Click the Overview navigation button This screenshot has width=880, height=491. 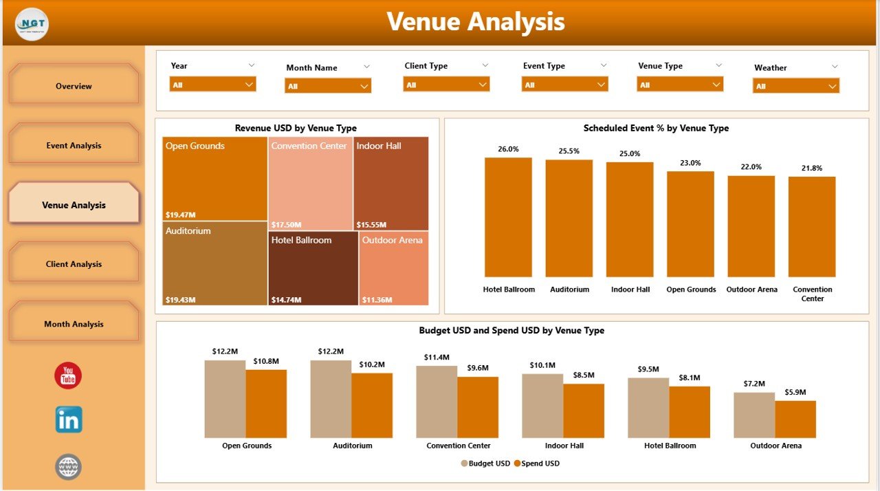point(74,86)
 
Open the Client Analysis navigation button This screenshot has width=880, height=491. point(74,264)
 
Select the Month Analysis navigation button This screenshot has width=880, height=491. point(74,324)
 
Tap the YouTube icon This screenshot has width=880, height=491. point(68,375)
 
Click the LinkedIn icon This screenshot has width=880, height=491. point(69,419)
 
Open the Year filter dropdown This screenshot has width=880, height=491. point(212,85)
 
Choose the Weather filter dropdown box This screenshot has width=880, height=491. point(796,86)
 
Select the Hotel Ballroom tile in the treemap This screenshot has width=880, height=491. point(313,268)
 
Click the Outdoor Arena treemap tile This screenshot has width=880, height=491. point(394,268)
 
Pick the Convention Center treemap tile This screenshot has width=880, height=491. point(310,183)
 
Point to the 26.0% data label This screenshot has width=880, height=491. point(508,149)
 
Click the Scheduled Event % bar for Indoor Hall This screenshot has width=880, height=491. point(630,219)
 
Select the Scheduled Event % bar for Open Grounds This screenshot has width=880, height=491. point(690,224)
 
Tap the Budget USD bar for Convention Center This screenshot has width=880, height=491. point(437,402)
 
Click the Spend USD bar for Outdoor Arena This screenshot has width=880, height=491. point(795,419)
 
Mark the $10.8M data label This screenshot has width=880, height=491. point(265,361)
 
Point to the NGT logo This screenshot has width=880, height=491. point(32,24)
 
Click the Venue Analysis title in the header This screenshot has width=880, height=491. point(476,22)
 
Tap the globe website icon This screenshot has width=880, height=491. point(68,467)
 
